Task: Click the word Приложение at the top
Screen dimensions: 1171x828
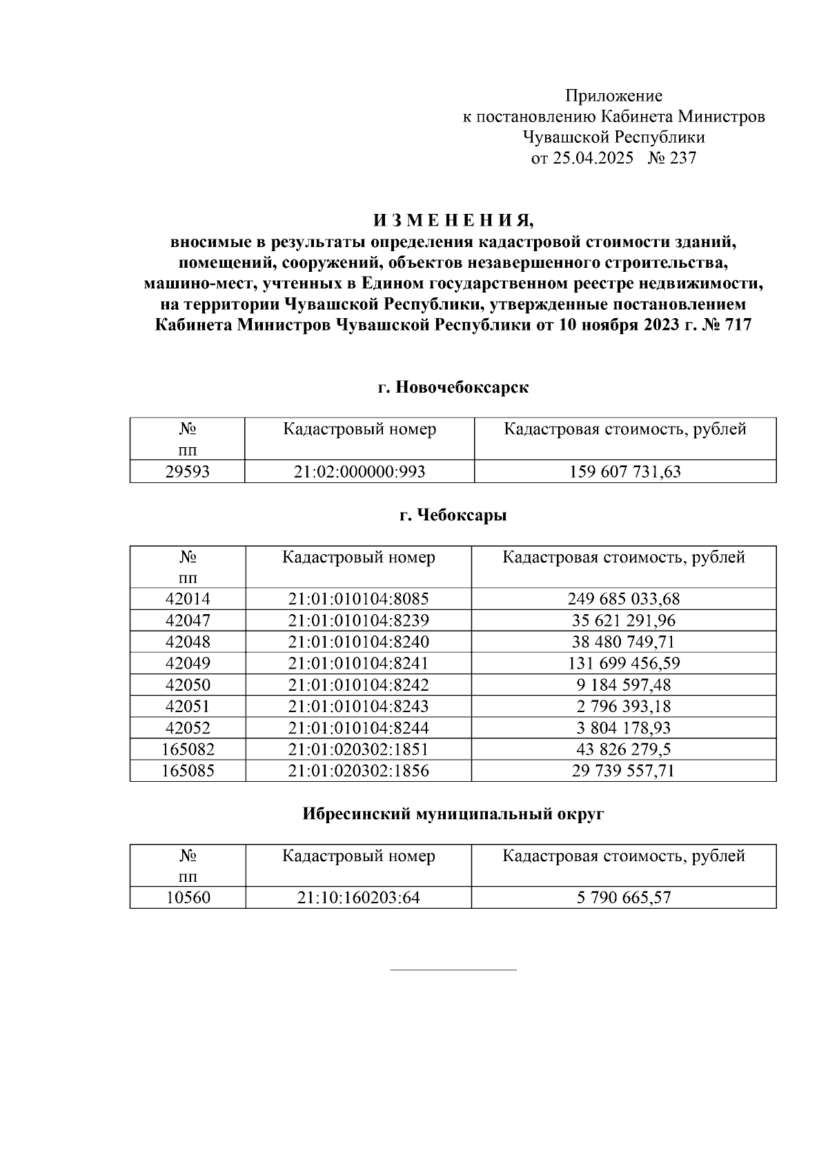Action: pyautogui.click(x=613, y=96)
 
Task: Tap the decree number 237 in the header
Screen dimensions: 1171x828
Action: pyautogui.click(x=682, y=158)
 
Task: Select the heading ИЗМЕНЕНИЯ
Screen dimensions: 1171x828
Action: pyautogui.click(x=453, y=221)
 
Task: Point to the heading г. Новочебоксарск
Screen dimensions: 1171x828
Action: pyautogui.click(x=453, y=387)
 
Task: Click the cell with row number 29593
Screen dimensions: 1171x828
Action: pyautogui.click(x=187, y=472)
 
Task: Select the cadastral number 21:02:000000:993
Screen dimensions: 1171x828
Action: pyautogui.click(x=359, y=472)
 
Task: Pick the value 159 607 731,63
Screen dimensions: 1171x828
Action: pyautogui.click(x=624, y=472)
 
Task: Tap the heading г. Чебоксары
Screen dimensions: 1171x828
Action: pyautogui.click(x=453, y=515)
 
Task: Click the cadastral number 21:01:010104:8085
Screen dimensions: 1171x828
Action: pyautogui.click(x=359, y=599)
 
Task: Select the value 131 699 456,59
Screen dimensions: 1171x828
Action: pyautogui.click(x=624, y=663)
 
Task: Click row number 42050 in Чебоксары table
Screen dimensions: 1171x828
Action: pyautogui.click(x=188, y=685)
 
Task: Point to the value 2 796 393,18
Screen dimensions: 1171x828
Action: pyautogui.click(x=624, y=706)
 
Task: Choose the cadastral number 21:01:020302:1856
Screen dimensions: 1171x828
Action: pyautogui.click(x=359, y=770)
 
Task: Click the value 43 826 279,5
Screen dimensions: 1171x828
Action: pyautogui.click(x=624, y=749)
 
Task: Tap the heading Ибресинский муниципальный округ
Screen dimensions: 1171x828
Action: pyautogui.click(x=453, y=814)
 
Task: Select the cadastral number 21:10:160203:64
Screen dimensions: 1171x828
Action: pyautogui.click(x=359, y=898)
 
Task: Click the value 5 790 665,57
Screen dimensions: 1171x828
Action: pyautogui.click(x=624, y=898)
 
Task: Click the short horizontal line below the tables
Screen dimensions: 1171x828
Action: pyautogui.click(x=453, y=970)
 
